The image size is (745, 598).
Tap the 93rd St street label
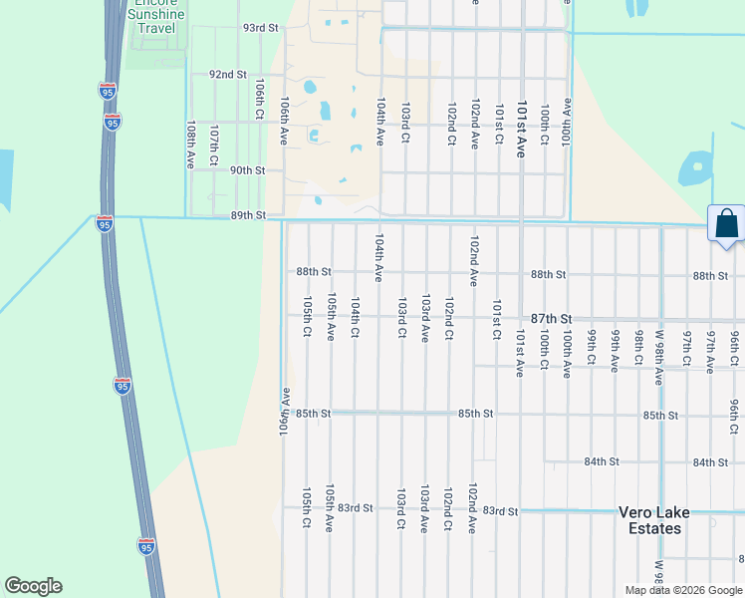tap(260, 28)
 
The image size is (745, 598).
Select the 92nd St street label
tap(227, 75)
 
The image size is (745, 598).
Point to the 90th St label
tap(247, 170)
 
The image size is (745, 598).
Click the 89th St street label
tap(248, 215)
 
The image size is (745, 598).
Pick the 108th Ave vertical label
tap(190, 145)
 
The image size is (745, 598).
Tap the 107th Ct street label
tap(213, 145)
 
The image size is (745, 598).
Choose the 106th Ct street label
tap(258, 102)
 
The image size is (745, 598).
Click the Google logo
tap(33, 586)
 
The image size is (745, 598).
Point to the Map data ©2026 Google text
tap(683, 590)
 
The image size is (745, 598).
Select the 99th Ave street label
tap(616, 351)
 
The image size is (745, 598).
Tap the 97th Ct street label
tap(686, 351)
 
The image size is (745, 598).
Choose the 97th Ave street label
tap(710, 351)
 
